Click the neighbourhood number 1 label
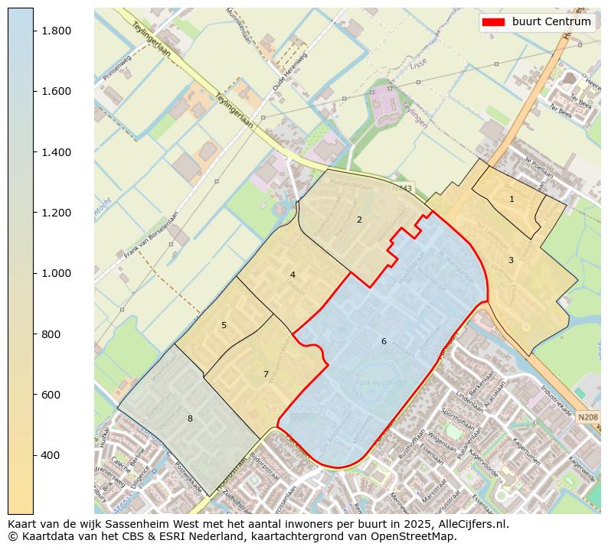(x=512, y=199)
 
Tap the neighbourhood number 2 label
(x=359, y=220)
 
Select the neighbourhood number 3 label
(x=511, y=260)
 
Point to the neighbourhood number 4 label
(x=293, y=275)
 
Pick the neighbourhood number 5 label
(x=224, y=325)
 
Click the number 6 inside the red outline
(x=384, y=341)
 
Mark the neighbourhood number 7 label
(x=266, y=374)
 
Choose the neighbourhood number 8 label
(x=190, y=418)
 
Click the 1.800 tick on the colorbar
(x=57, y=31)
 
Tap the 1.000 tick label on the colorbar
(x=57, y=273)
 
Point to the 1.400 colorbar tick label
(x=57, y=152)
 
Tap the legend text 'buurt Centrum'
(x=551, y=22)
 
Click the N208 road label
(x=587, y=417)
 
